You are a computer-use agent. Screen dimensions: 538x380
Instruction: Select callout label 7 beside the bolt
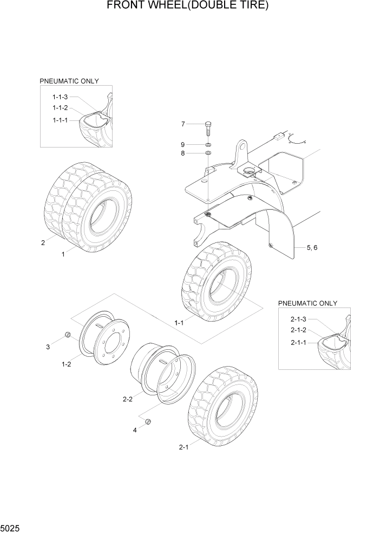[183, 124]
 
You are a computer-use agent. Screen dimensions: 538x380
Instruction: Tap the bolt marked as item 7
[208, 129]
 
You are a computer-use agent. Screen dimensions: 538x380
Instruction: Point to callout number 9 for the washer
[183, 144]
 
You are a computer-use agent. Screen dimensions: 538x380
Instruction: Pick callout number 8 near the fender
[183, 153]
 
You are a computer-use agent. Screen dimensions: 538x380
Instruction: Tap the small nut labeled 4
[148, 422]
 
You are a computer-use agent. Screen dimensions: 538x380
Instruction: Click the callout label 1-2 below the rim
[66, 364]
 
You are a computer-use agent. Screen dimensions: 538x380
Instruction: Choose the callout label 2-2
[128, 399]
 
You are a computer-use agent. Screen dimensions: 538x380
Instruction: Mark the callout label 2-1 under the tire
[184, 447]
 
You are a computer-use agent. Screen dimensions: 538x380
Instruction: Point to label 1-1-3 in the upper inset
[60, 97]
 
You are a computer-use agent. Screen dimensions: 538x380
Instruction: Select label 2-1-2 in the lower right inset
[298, 330]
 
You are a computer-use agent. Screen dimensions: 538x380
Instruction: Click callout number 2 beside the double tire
[43, 242]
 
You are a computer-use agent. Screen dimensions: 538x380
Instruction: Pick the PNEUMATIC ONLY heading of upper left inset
[69, 81]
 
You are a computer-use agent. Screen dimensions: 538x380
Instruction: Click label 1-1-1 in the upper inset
[60, 120]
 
